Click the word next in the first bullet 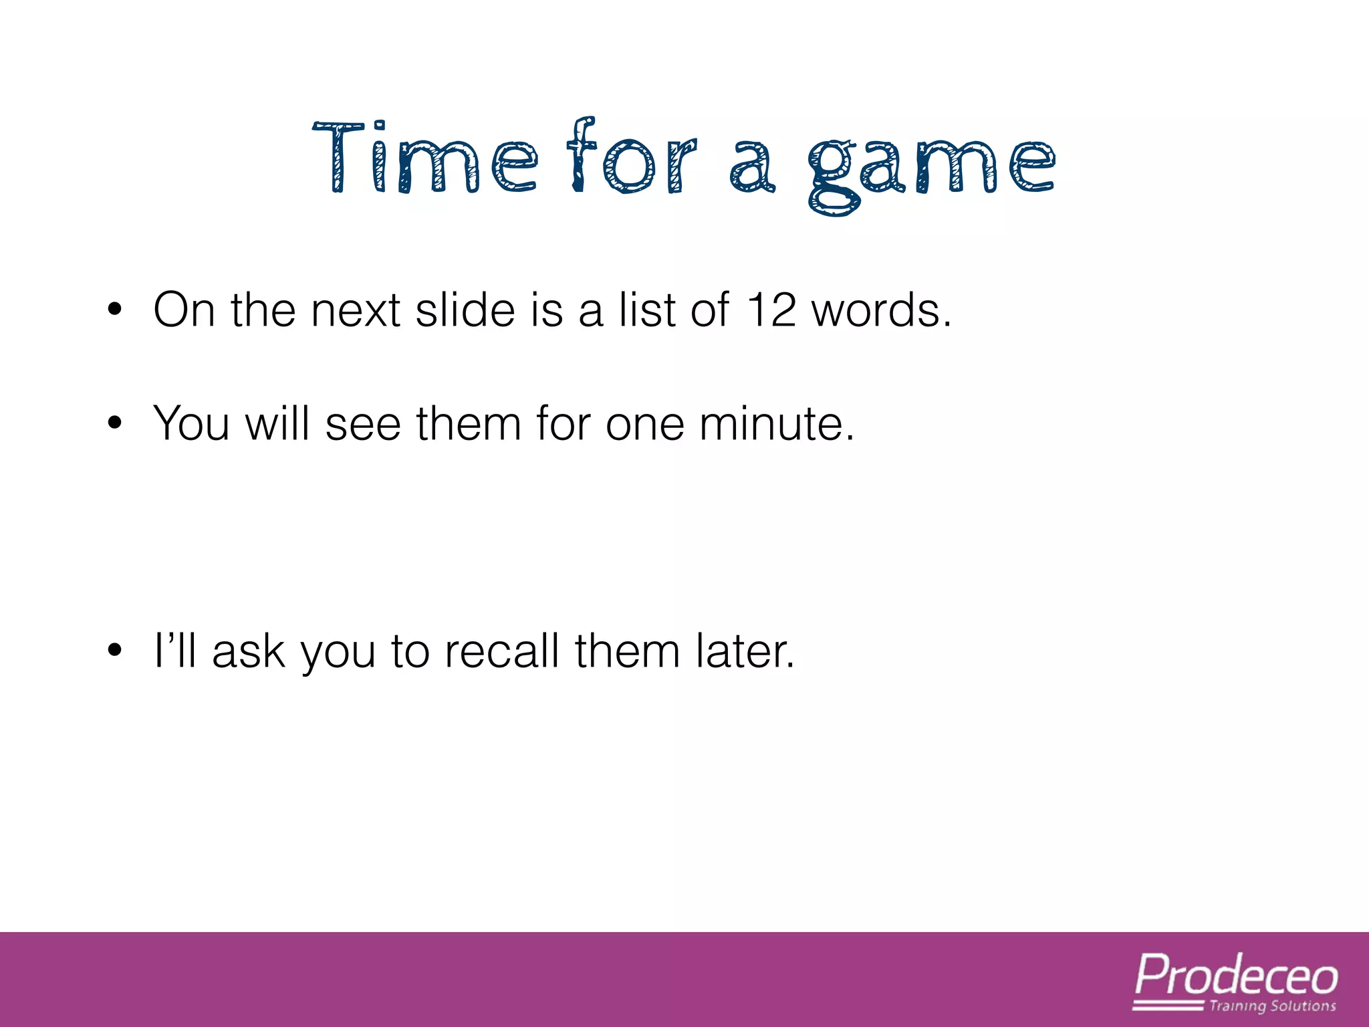[x=355, y=311]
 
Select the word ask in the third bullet [x=248, y=651]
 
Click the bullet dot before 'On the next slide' [x=115, y=310]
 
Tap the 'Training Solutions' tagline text [x=1272, y=1006]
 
